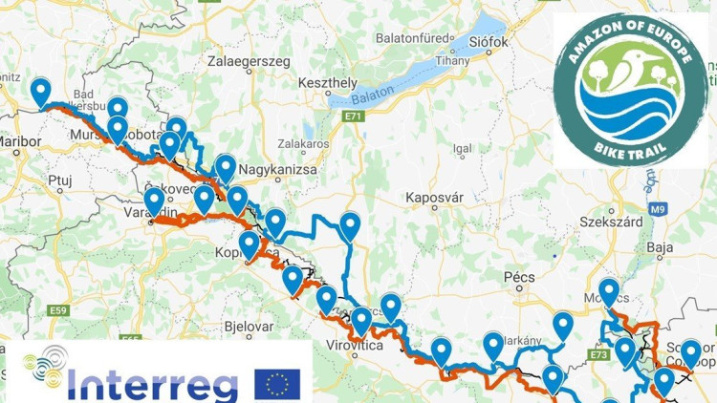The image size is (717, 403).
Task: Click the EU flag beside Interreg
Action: pos(277,384)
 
